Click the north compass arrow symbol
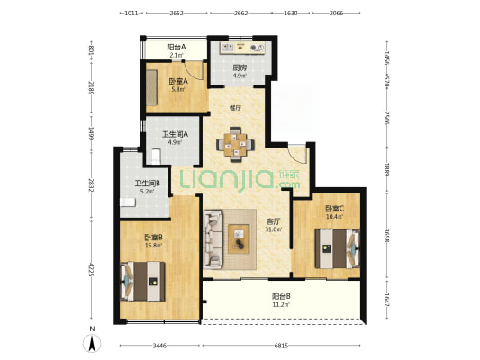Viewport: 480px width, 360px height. [x=92, y=343]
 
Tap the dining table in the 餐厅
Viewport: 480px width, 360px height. [x=235, y=144]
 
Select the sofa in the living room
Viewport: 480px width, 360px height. [x=213, y=239]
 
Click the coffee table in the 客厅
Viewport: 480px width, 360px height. [x=239, y=238]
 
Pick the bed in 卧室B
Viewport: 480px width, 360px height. [x=143, y=282]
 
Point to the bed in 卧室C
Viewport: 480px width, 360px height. [x=338, y=248]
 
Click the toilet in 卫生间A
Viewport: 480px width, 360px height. [x=156, y=157]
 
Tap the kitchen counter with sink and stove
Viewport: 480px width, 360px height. [x=242, y=48]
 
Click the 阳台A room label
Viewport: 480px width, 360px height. [x=177, y=47]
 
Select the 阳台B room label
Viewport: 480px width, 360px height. [x=281, y=296]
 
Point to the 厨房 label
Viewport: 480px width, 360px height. [x=240, y=67]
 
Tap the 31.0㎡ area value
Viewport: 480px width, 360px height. [x=273, y=229]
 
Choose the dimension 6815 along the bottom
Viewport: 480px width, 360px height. [x=281, y=346]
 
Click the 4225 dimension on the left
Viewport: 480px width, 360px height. [x=91, y=269]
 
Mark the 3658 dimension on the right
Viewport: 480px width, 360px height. [x=387, y=235]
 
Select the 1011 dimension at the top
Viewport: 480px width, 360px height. [x=131, y=13]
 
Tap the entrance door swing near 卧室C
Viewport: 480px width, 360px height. [x=298, y=154]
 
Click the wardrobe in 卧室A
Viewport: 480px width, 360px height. [x=151, y=87]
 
